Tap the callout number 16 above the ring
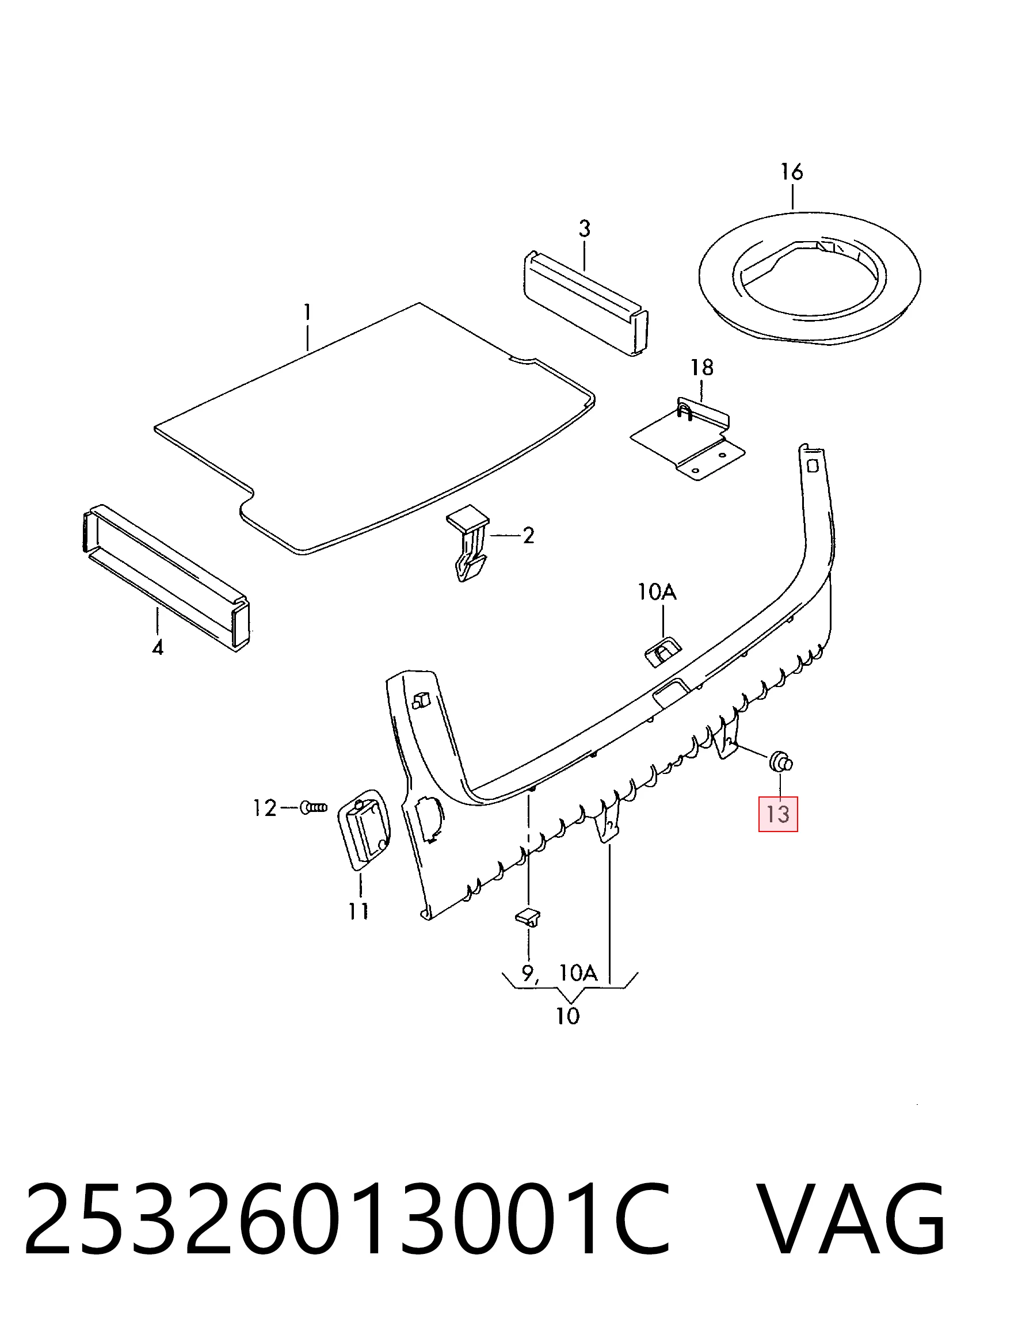pyautogui.click(x=791, y=172)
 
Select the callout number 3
pyautogui.click(x=584, y=230)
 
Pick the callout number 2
pyautogui.click(x=528, y=535)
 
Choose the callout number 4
pyautogui.click(x=158, y=648)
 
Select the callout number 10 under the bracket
pyautogui.click(x=568, y=1016)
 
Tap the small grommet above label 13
pyautogui.click(x=781, y=762)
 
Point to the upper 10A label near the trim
pyautogui.click(x=657, y=592)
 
